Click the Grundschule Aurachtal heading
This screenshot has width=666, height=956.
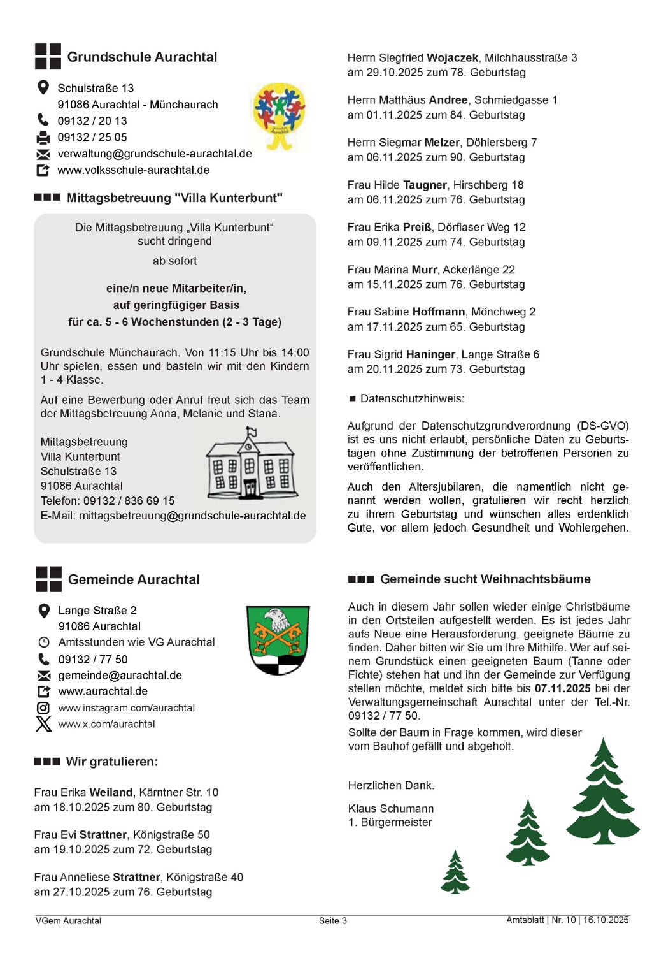142,57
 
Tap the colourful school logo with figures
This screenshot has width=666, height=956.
279,115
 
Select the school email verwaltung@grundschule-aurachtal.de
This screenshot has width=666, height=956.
155,154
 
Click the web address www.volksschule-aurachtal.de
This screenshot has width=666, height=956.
134,170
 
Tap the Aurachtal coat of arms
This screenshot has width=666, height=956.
278,640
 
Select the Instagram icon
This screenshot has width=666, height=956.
43,707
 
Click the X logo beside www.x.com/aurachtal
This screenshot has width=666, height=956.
43,724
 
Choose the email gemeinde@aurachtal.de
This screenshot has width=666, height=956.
120,676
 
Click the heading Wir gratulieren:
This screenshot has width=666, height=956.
112,762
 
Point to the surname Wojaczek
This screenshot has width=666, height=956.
452,58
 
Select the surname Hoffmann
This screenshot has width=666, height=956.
439,312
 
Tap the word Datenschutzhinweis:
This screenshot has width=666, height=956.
413,399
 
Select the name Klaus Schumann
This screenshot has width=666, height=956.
391,809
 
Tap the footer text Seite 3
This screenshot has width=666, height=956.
333,921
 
